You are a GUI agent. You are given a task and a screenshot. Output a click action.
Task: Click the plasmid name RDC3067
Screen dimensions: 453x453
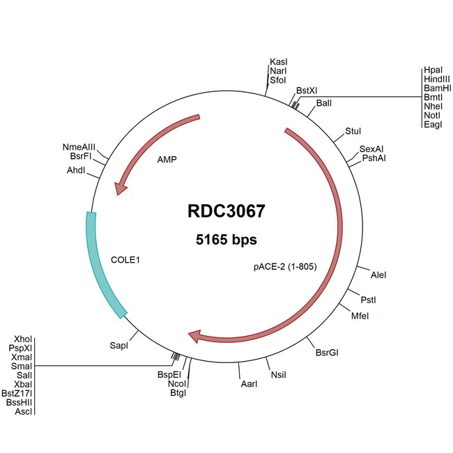[226, 211]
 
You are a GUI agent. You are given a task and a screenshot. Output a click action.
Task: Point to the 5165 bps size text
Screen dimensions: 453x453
[226, 240]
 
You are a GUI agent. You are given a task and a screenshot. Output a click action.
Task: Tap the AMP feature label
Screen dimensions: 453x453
[167, 159]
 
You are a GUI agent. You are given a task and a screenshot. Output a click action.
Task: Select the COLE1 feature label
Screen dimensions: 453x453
[126, 260]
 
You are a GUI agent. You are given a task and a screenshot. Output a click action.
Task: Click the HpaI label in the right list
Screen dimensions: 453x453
[432, 70]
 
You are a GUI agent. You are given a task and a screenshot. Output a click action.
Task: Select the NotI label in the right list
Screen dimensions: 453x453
[432, 115]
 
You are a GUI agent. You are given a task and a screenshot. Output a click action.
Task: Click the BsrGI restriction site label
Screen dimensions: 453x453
[327, 353]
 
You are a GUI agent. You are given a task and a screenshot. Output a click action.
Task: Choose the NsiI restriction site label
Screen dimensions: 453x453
[279, 374]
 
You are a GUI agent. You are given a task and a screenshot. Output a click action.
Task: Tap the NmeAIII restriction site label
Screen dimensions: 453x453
[79, 147]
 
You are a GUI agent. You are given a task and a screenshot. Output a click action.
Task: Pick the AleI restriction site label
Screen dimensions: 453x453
[379, 275]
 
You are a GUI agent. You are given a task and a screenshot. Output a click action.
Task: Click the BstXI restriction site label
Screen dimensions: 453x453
[307, 91]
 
